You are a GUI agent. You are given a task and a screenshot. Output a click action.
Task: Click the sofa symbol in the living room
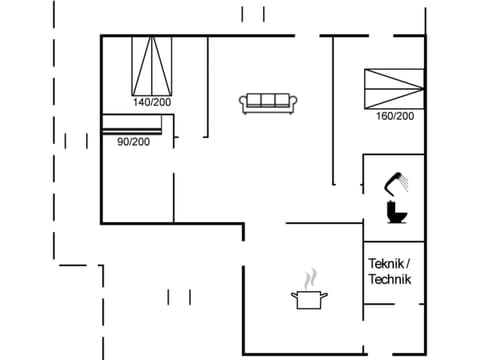point(267,101)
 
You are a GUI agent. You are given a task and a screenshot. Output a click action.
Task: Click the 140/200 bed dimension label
point(153,102)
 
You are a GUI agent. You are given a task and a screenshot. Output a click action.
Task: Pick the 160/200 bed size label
point(394,116)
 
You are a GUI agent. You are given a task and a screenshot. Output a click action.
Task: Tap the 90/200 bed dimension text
point(133,142)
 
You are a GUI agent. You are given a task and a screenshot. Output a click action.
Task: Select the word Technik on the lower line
point(389,279)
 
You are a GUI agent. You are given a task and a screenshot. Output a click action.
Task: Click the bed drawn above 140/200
point(153,65)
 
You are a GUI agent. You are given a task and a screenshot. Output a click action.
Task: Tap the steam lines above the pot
point(310,276)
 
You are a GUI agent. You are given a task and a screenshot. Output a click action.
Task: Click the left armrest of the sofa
point(243,101)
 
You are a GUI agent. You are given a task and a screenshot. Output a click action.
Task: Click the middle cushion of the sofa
point(267,100)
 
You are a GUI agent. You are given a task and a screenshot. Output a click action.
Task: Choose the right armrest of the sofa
point(292,101)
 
